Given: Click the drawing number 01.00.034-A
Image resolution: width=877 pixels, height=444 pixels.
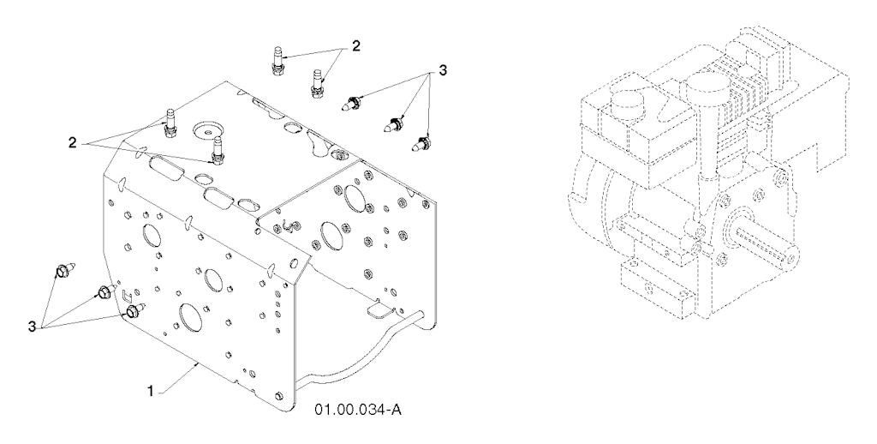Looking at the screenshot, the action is pos(357,411).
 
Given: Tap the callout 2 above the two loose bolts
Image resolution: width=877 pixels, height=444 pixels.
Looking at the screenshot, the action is pos(355,46).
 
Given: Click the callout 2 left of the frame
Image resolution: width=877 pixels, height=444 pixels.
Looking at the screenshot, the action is pos(72,142).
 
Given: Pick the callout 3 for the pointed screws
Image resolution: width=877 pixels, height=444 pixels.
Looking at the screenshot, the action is pos(443,71).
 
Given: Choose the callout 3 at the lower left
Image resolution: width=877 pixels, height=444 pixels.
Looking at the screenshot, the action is pos(33,326).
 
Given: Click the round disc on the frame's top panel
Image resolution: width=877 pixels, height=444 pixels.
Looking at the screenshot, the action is pos(209,130).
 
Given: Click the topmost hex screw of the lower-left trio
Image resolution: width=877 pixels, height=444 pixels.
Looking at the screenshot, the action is pos(62,271).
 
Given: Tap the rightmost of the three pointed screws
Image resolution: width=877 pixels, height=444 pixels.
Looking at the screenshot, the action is pos(421,142).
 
